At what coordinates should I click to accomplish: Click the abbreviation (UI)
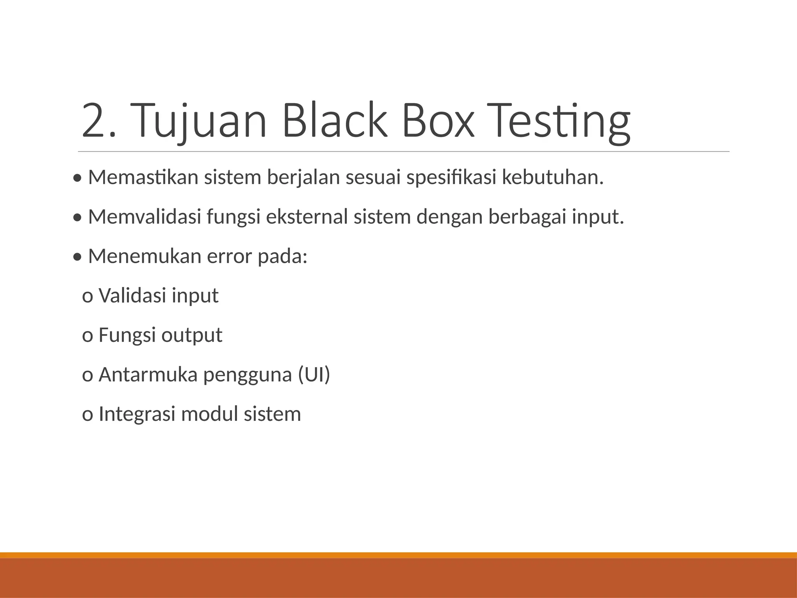[x=314, y=375]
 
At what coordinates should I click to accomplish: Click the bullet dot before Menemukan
[x=77, y=257]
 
